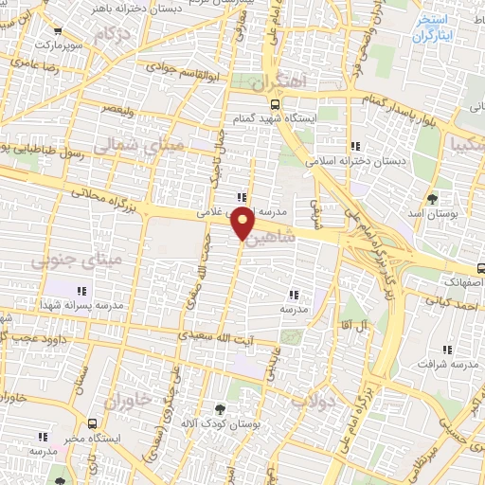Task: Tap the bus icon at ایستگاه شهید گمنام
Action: [274, 105]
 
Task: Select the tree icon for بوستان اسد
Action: [433, 199]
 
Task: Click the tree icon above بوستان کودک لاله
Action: [220, 409]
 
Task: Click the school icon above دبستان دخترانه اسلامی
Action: [355, 146]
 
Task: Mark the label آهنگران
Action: [282, 81]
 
